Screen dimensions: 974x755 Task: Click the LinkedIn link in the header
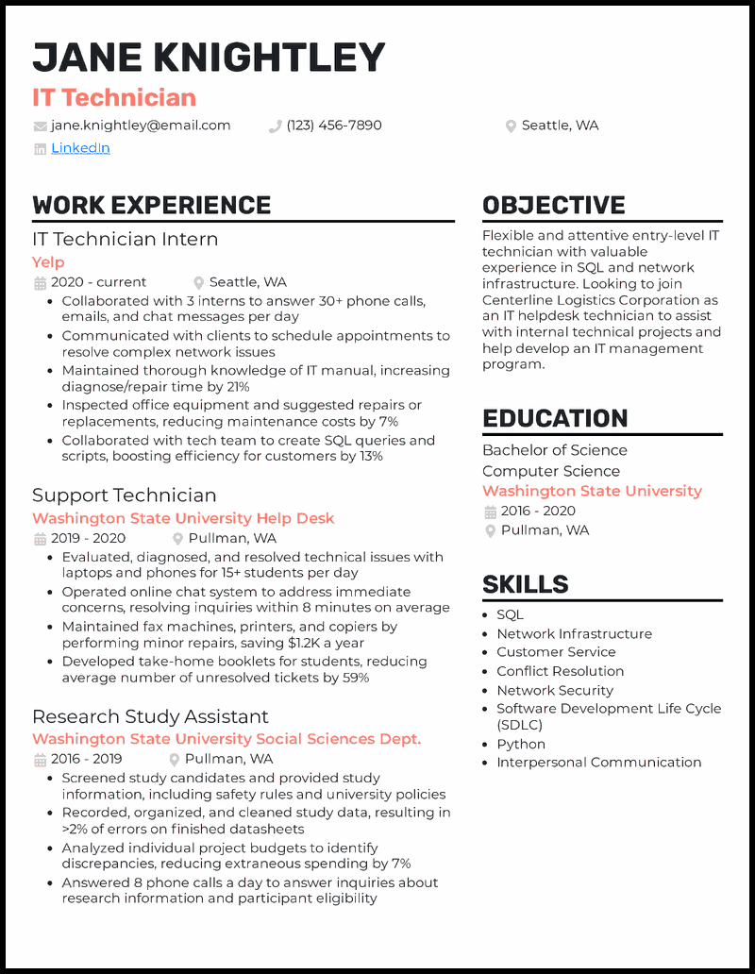pyautogui.click(x=80, y=148)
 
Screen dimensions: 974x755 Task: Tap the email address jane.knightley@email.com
pyautogui.click(x=141, y=126)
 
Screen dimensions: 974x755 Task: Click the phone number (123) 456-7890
pyautogui.click(x=334, y=126)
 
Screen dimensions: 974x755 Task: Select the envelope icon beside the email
pyautogui.click(x=40, y=126)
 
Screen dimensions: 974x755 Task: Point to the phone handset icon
pyautogui.click(x=276, y=126)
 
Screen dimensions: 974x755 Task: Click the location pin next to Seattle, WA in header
pyautogui.click(x=511, y=126)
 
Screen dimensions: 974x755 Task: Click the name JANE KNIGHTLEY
pyautogui.click(x=209, y=59)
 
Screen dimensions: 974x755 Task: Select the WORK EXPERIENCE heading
pyautogui.click(x=152, y=205)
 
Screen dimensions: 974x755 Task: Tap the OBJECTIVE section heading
pyautogui.click(x=553, y=205)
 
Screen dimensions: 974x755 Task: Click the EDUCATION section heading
pyautogui.click(x=555, y=418)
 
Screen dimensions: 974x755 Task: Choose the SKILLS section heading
pyautogui.click(x=526, y=584)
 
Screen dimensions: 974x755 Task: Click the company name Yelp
pyautogui.click(x=48, y=262)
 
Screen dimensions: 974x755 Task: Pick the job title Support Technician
pyautogui.click(x=124, y=495)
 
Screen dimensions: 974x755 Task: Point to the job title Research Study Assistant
pyautogui.click(x=150, y=716)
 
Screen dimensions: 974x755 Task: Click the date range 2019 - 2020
pyautogui.click(x=88, y=539)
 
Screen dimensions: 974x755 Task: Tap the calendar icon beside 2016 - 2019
pyautogui.click(x=40, y=760)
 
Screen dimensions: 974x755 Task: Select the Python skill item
pyautogui.click(x=521, y=744)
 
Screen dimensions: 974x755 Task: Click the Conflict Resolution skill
pyautogui.click(x=560, y=671)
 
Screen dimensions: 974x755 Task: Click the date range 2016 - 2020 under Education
pyautogui.click(x=538, y=512)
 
